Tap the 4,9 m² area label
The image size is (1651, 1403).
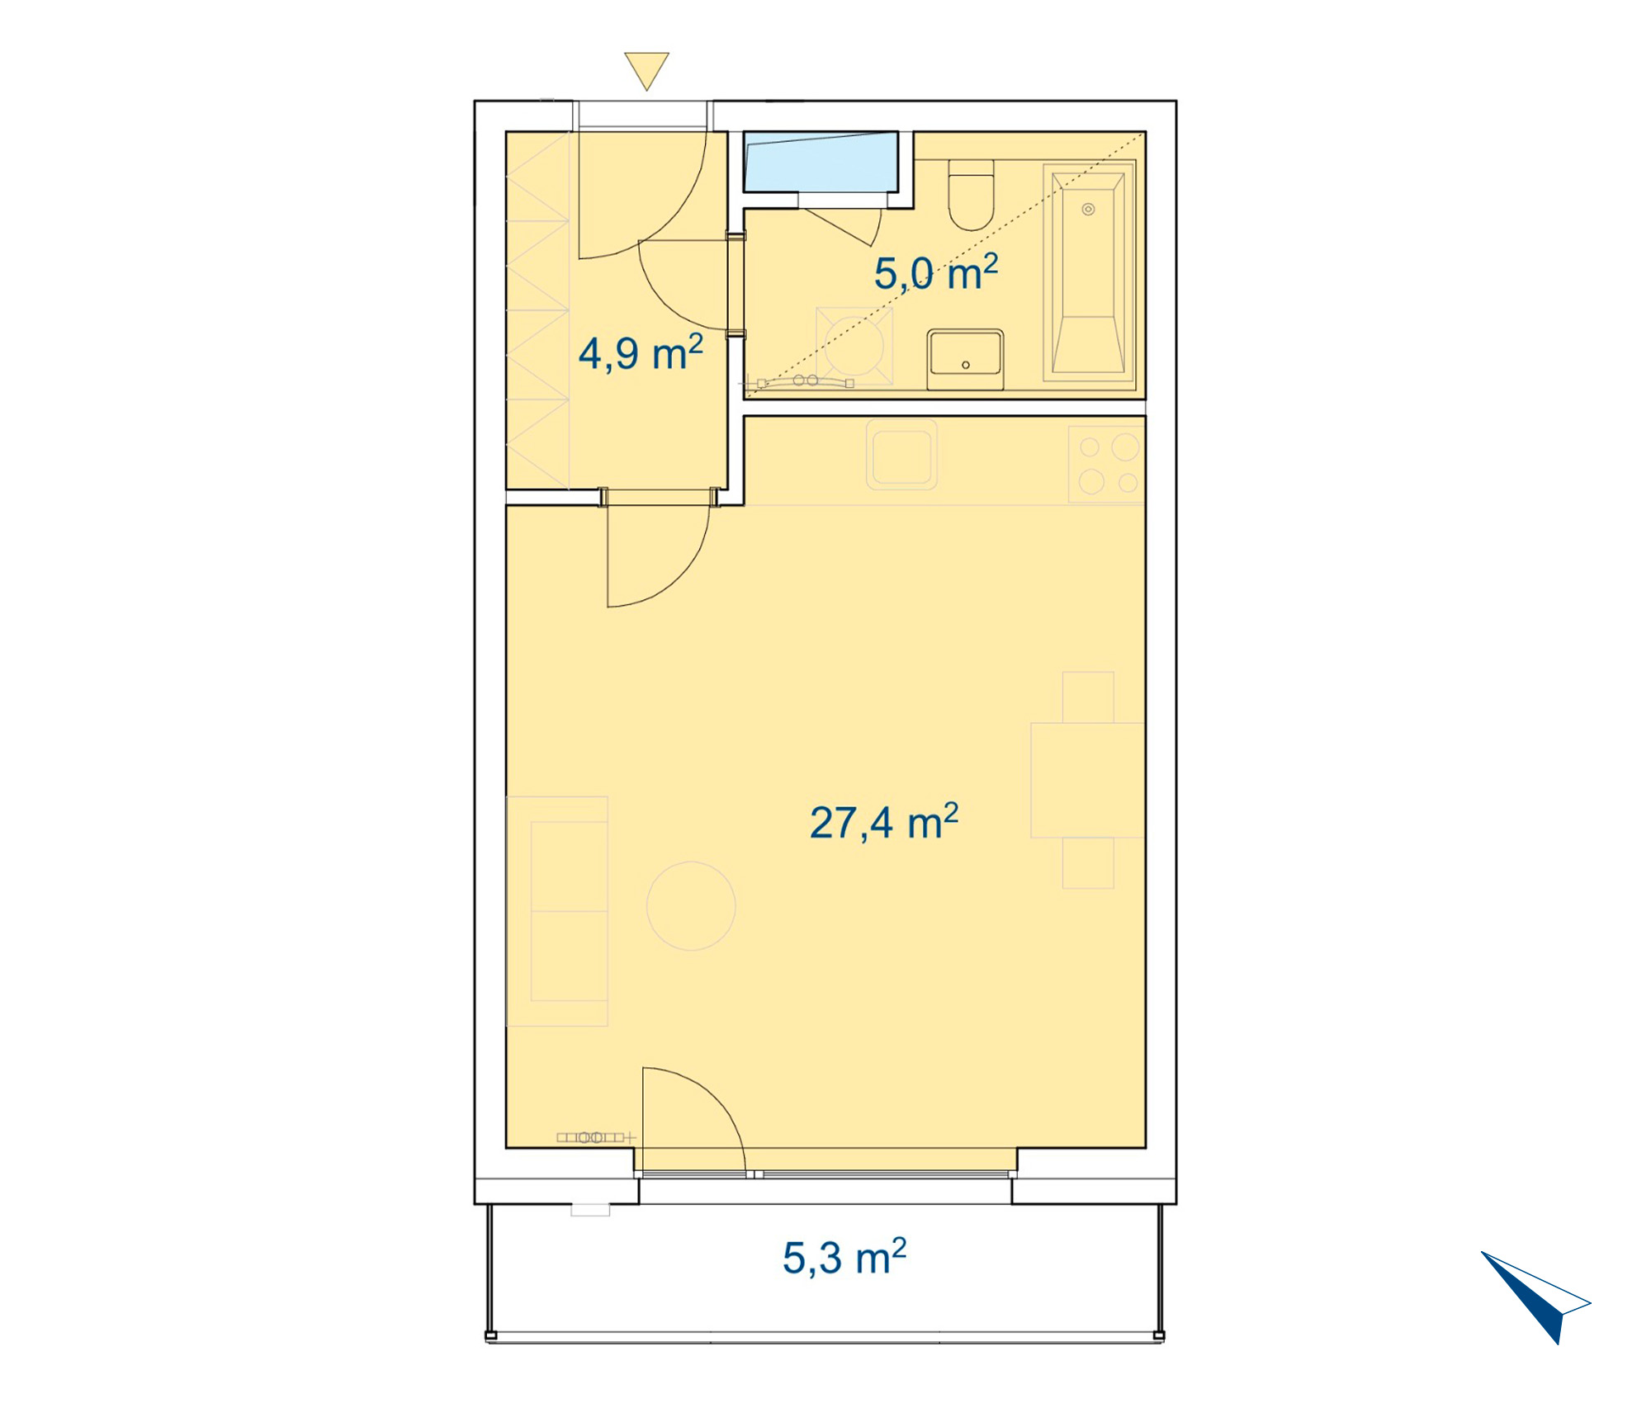click(641, 353)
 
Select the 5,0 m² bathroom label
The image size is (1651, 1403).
click(936, 272)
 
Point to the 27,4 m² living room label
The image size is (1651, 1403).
click(884, 822)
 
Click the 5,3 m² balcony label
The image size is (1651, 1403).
click(844, 1257)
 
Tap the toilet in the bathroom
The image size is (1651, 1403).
click(971, 194)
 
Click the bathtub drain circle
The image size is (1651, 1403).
click(1088, 210)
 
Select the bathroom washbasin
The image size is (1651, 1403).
click(965, 359)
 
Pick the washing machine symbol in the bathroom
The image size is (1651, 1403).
click(854, 346)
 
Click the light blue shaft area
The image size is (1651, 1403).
click(821, 161)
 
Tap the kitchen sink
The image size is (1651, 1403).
click(901, 454)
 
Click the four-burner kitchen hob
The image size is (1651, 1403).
click(1106, 463)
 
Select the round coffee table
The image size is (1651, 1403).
click(691, 906)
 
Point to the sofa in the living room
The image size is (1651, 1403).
click(557, 911)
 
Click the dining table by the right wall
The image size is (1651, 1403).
click(1087, 780)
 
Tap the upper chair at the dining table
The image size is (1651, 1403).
click(1088, 697)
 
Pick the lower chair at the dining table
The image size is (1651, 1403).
click(1088, 863)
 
